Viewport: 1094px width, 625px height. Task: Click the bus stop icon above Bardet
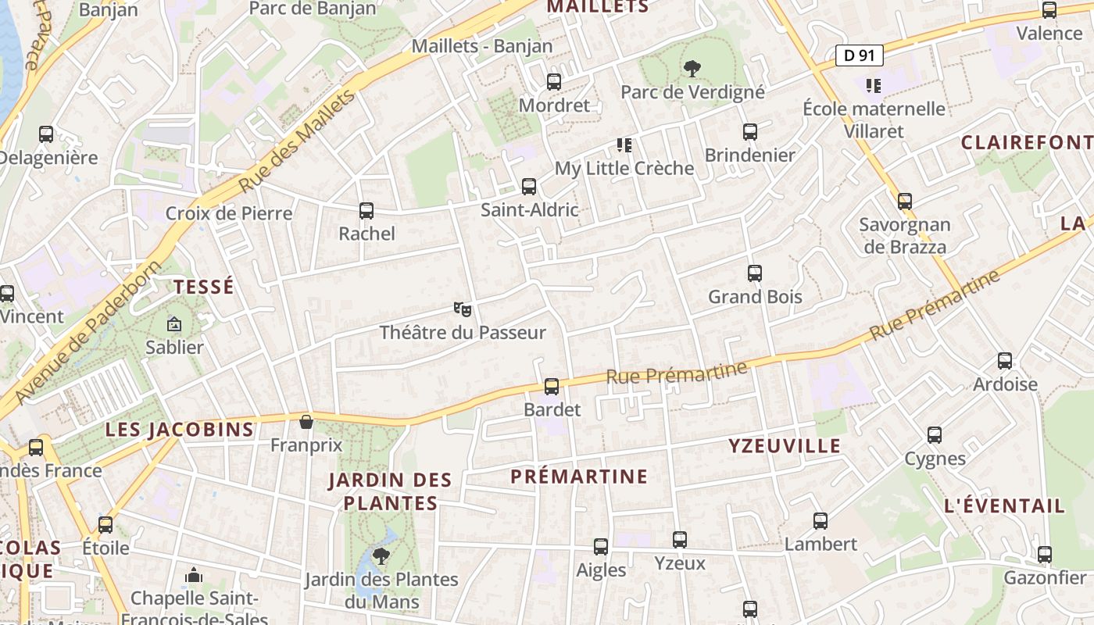click(x=552, y=386)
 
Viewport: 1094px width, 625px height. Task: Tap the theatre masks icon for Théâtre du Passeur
click(x=463, y=309)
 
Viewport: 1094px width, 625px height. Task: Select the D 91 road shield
click(x=860, y=55)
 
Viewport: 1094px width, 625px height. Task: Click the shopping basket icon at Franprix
click(x=306, y=422)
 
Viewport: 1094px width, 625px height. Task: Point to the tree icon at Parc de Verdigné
click(x=692, y=69)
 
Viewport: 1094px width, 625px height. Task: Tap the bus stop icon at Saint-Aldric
click(x=529, y=187)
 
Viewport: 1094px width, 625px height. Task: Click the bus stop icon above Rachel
click(x=366, y=210)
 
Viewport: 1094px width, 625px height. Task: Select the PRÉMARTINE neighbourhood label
click(x=579, y=477)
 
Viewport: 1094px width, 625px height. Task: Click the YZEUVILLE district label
click(x=785, y=446)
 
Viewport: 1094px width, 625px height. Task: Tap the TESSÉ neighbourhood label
click(x=204, y=287)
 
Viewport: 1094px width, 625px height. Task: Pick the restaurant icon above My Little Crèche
click(x=624, y=145)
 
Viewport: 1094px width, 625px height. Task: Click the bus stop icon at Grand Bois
click(x=755, y=273)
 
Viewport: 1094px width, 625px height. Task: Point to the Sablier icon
click(x=173, y=324)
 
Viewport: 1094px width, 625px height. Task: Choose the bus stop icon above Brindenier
click(x=750, y=132)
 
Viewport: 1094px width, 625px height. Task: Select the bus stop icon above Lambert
click(x=820, y=521)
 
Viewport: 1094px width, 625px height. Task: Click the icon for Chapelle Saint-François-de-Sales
click(x=194, y=577)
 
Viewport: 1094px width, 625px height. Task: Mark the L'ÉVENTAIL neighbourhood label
click(x=1004, y=505)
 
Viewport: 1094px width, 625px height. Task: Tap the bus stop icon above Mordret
click(x=554, y=81)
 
